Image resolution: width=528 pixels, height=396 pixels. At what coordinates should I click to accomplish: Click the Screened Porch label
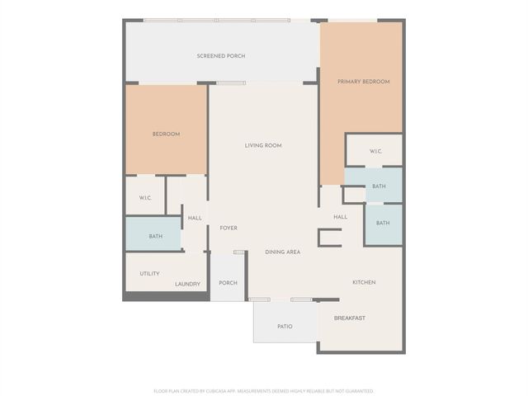[x=220, y=56]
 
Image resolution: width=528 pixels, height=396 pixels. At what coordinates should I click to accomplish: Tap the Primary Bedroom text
[x=363, y=82]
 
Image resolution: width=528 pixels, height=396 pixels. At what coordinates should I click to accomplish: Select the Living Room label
[x=262, y=145]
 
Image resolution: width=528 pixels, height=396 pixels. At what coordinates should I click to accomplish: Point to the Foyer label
[x=228, y=228]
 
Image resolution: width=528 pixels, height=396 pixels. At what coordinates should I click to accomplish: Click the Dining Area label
[x=282, y=252]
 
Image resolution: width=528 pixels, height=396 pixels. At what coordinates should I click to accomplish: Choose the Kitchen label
[x=364, y=282]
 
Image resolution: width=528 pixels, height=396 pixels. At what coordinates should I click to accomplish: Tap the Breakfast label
[x=349, y=318]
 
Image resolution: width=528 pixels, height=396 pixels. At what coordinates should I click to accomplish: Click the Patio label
[x=285, y=327]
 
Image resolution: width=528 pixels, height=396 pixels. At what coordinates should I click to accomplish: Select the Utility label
[x=149, y=274]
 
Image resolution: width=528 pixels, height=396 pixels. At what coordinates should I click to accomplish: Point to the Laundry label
[x=187, y=285]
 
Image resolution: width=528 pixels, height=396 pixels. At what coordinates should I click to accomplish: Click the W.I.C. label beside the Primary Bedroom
[x=375, y=151]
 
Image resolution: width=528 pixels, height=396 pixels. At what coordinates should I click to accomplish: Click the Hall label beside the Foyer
[x=195, y=218]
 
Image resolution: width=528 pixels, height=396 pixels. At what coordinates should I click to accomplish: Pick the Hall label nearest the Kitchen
[x=340, y=217]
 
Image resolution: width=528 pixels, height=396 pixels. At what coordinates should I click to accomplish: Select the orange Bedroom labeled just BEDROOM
[x=166, y=134]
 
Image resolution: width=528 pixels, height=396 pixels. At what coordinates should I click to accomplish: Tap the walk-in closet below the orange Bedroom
[x=144, y=197]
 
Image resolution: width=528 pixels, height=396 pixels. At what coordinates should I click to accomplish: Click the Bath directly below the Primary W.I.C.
[x=378, y=186]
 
